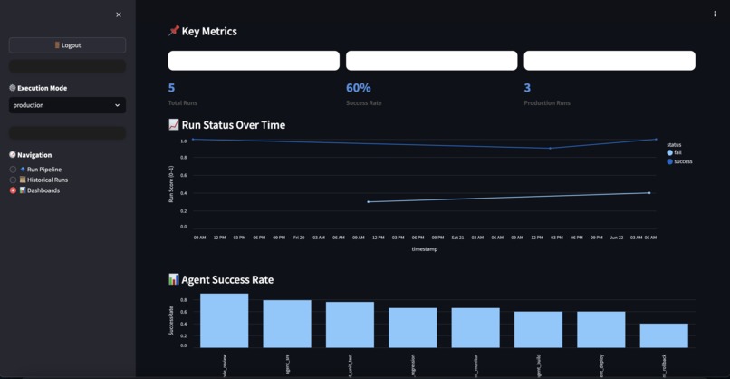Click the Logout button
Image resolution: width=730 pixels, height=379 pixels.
67,45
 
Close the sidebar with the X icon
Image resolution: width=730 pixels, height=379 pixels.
119,15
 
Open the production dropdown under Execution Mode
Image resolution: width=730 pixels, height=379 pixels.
67,105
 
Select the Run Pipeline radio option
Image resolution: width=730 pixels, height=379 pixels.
14,170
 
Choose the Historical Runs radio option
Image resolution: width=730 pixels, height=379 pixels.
14,180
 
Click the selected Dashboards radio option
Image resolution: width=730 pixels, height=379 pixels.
14,190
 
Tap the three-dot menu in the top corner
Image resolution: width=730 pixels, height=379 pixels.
715,15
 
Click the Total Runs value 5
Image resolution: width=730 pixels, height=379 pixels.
171,88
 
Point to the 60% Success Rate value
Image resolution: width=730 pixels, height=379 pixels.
358,88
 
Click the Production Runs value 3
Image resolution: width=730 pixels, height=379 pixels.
527,88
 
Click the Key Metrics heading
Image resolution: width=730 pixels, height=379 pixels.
208,31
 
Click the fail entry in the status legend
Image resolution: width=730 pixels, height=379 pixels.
675,153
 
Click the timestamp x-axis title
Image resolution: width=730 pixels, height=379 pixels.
424,249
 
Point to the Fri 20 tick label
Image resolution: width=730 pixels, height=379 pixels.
299,238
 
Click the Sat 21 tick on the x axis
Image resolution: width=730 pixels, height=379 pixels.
457,238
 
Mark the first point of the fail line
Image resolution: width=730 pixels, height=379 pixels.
369,201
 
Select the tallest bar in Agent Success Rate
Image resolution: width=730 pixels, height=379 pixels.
224,320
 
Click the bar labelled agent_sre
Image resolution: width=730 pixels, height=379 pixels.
287,324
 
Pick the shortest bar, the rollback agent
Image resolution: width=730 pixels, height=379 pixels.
663,335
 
